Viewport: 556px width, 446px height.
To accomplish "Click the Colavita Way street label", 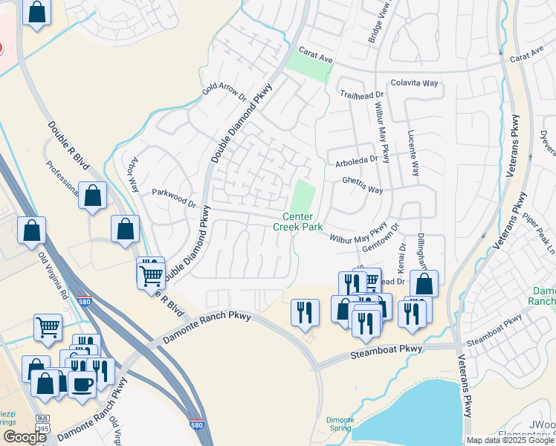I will point(414,83).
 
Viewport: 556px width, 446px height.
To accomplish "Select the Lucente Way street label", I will point(413,152).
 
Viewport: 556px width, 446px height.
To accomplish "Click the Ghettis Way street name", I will point(362,185).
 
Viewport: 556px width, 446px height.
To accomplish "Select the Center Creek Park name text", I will point(297,222).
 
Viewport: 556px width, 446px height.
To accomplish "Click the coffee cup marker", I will point(83,384).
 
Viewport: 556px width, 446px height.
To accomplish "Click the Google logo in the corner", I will point(25,437).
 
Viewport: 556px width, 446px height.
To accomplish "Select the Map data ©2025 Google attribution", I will point(510,440).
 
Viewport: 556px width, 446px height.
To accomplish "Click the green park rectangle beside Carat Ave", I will point(308,68).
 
